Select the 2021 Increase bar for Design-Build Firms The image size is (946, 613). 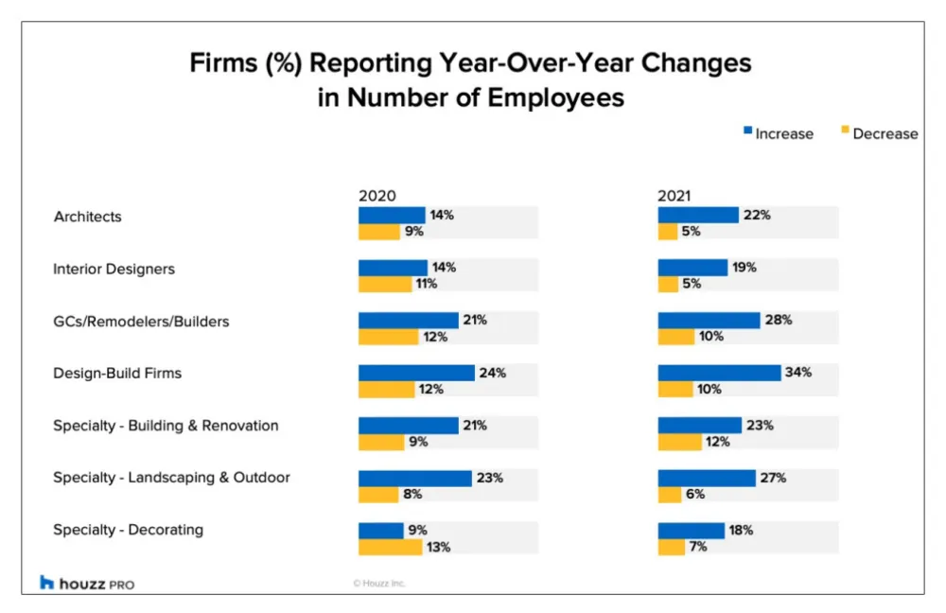pyautogui.click(x=719, y=373)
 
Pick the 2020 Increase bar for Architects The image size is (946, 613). pyautogui.click(x=392, y=215)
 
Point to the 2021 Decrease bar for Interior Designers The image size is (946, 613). pyautogui.click(x=667, y=284)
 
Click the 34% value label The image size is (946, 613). pyautogui.click(x=797, y=373)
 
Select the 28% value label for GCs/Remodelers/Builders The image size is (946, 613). pyautogui.click(x=778, y=320)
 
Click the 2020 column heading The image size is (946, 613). pyautogui.click(x=377, y=196)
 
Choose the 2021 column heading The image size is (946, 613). pyautogui.click(x=674, y=196)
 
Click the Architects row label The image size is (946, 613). pyautogui.click(x=87, y=217)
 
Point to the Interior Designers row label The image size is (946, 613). pyautogui.click(x=114, y=269)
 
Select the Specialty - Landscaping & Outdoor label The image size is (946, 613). pyautogui.click(x=171, y=478)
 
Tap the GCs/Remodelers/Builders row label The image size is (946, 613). pyautogui.click(x=141, y=322)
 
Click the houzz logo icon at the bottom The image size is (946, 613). pyautogui.click(x=47, y=583)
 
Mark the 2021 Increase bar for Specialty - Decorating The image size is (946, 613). pyautogui.click(x=691, y=531)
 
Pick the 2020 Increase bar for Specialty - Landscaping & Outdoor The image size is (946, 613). pyautogui.click(x=414, y=478)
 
